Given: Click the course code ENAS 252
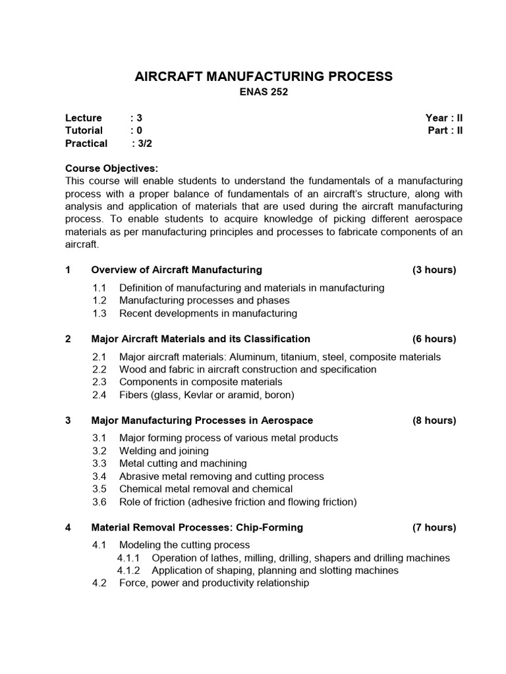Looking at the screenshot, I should coord(264,93).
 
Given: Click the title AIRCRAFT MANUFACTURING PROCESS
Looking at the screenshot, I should coord(264,76).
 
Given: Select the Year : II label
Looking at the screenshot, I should coord(444,118).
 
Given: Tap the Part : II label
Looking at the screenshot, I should coord(445,130).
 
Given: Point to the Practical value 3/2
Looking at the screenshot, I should coord(145,143).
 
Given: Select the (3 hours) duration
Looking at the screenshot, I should coord(434,270).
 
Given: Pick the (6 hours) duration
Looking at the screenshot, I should coord(434,339).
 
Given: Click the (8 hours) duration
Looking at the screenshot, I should coord(434,421).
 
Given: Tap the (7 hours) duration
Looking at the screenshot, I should coord(434,527).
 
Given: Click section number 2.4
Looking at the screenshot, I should coord(99,395).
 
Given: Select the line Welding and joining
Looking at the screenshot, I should coord(163,451).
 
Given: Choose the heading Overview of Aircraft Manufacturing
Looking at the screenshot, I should coord(177,270).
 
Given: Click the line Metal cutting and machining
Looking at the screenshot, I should coord(183,463).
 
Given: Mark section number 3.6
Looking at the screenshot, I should coord(99,502).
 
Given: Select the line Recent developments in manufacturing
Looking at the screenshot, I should coord(208,313).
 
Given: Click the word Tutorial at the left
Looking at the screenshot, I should coord(84,130).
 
